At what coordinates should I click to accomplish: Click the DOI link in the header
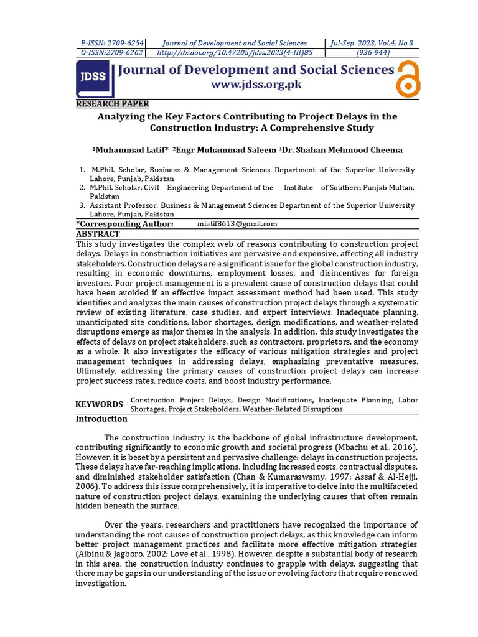[x=235, y=53]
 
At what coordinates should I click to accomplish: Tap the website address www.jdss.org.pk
[x=256, y=84]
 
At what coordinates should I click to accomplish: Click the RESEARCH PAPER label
[x=113, y=104]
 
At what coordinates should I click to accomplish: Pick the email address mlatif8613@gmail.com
[x=237, y=224]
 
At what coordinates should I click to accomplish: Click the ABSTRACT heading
[x=98, y=234]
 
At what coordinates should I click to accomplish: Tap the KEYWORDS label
[x=100, y=404]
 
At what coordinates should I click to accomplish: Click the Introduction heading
[x=101, y=419]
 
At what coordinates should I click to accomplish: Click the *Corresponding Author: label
[x=124, y=224]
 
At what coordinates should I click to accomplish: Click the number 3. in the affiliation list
[x=82, y=205]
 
